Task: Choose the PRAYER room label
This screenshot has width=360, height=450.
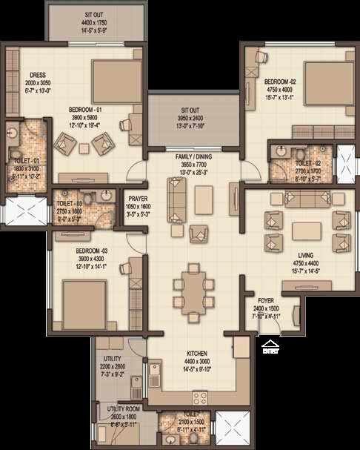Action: click(x=138, y=199)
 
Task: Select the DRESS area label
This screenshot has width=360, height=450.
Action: click(x=39, y=75)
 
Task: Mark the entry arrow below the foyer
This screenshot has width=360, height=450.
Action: click(x=270, y=343)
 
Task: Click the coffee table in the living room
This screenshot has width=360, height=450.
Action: click(x=305, y=230)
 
